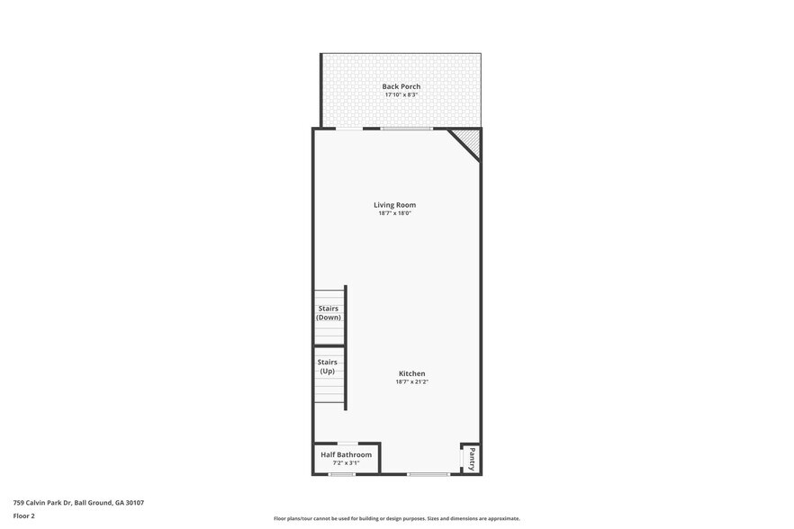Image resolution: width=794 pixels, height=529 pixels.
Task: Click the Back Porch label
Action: click(401, 86)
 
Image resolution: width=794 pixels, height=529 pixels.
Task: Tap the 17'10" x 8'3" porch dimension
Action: click(401, 94)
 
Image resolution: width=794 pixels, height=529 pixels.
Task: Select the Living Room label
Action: click(394, 205)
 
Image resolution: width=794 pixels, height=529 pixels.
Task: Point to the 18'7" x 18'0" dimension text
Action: click(394, 213)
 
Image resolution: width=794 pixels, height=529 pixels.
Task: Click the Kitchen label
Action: click(411, 373)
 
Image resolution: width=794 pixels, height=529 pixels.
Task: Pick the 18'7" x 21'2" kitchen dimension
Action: click(411, 381)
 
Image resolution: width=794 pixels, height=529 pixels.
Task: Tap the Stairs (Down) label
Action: click(328, 312)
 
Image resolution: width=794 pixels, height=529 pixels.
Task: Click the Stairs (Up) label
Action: click(328, 366)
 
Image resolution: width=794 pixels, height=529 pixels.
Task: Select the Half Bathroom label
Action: click(346, 454)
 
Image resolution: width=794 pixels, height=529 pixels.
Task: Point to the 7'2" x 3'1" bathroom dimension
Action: click(346, 462)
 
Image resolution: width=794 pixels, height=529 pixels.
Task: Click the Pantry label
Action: click(472, 458)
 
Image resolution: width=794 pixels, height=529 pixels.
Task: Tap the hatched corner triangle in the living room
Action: click(469, 140)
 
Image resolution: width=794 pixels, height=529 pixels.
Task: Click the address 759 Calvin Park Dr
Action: click(78, 503)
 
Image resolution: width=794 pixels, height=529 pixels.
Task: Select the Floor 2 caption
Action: click(23, 516)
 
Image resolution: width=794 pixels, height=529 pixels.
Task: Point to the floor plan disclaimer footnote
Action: click(396, 518)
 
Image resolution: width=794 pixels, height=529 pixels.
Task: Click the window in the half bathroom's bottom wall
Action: click(342, 474)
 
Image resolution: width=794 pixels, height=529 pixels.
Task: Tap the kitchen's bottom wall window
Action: click(428, 474)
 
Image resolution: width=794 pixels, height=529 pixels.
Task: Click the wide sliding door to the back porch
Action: click(406, 129)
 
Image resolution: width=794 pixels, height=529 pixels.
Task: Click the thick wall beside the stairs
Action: click(346, 347)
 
